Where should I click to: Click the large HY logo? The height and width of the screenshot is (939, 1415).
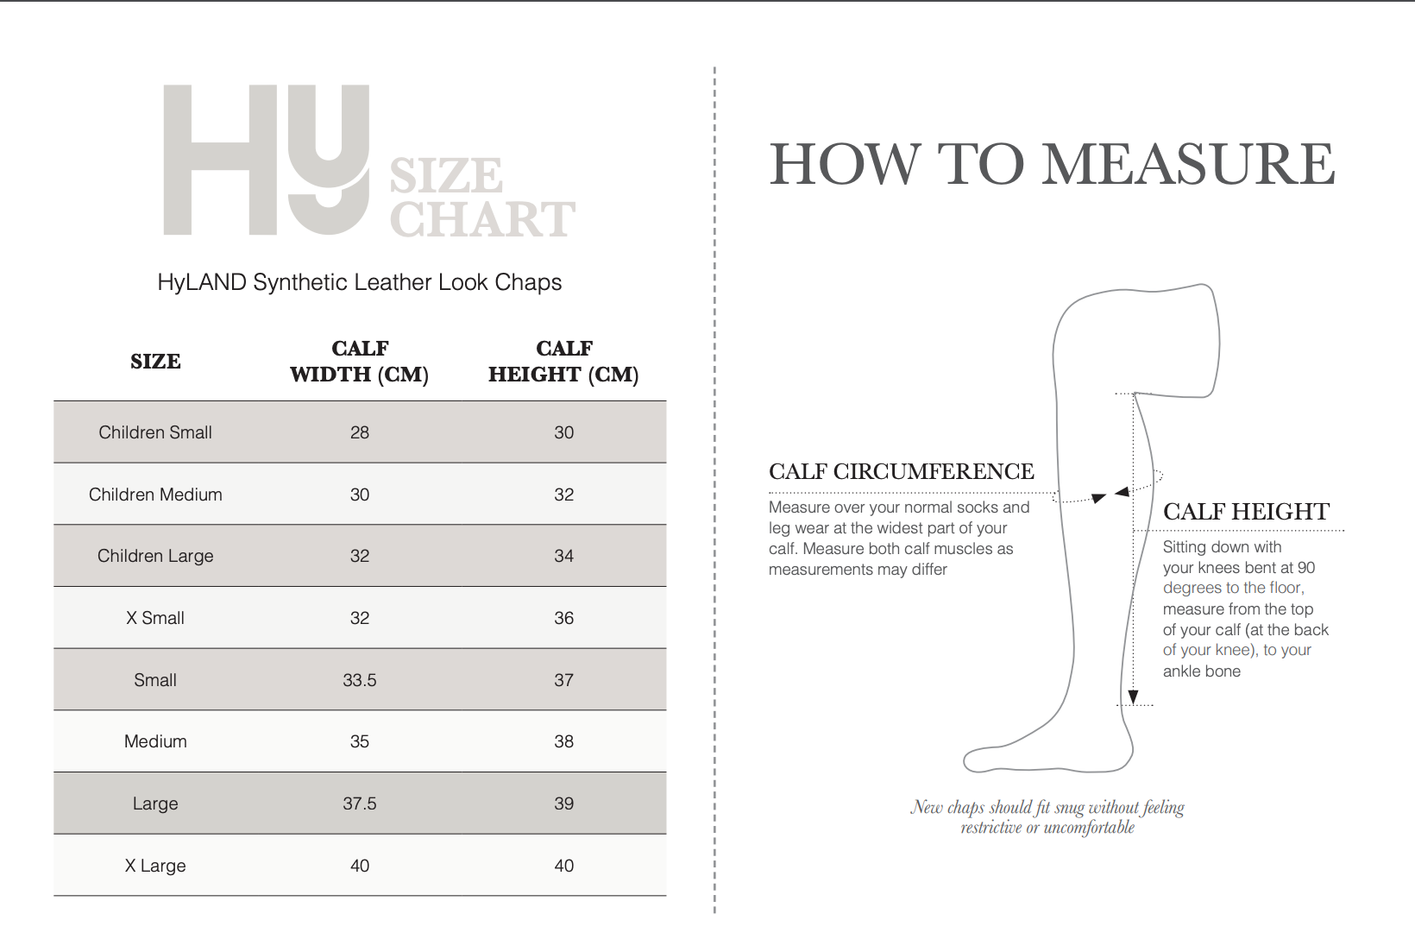pos(266,160)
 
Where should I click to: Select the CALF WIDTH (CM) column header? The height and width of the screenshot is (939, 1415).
pos(360,361)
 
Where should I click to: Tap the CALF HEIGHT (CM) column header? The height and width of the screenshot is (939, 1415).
pos(563,361)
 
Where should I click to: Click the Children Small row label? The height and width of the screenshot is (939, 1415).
pos(155,432)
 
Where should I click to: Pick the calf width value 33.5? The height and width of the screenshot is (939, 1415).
pos(360,680)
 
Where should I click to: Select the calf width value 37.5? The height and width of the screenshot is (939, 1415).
pos(360,804)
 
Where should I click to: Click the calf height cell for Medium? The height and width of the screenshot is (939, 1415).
pos(564,741)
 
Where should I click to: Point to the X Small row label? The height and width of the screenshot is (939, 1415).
pos(155,618)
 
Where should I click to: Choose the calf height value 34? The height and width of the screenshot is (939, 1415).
pos(564,556)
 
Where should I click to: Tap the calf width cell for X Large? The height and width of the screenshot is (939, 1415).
pos(360,866)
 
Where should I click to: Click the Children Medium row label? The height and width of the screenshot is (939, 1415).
pos(155,495)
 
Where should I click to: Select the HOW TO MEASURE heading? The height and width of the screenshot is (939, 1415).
pos(1052,164)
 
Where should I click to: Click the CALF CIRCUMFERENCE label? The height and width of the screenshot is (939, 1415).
pos(902,471)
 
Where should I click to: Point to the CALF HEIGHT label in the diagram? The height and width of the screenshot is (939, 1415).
pos(1247,511)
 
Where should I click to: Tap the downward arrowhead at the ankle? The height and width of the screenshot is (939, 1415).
pos(1133,697)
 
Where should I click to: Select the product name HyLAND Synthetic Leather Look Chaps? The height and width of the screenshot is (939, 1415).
pos(360,282)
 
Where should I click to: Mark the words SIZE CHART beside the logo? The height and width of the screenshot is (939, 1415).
pos(482,197)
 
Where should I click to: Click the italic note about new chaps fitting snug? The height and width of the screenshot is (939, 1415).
pos(1047,817)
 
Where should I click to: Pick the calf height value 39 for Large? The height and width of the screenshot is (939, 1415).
pos(564,804)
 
